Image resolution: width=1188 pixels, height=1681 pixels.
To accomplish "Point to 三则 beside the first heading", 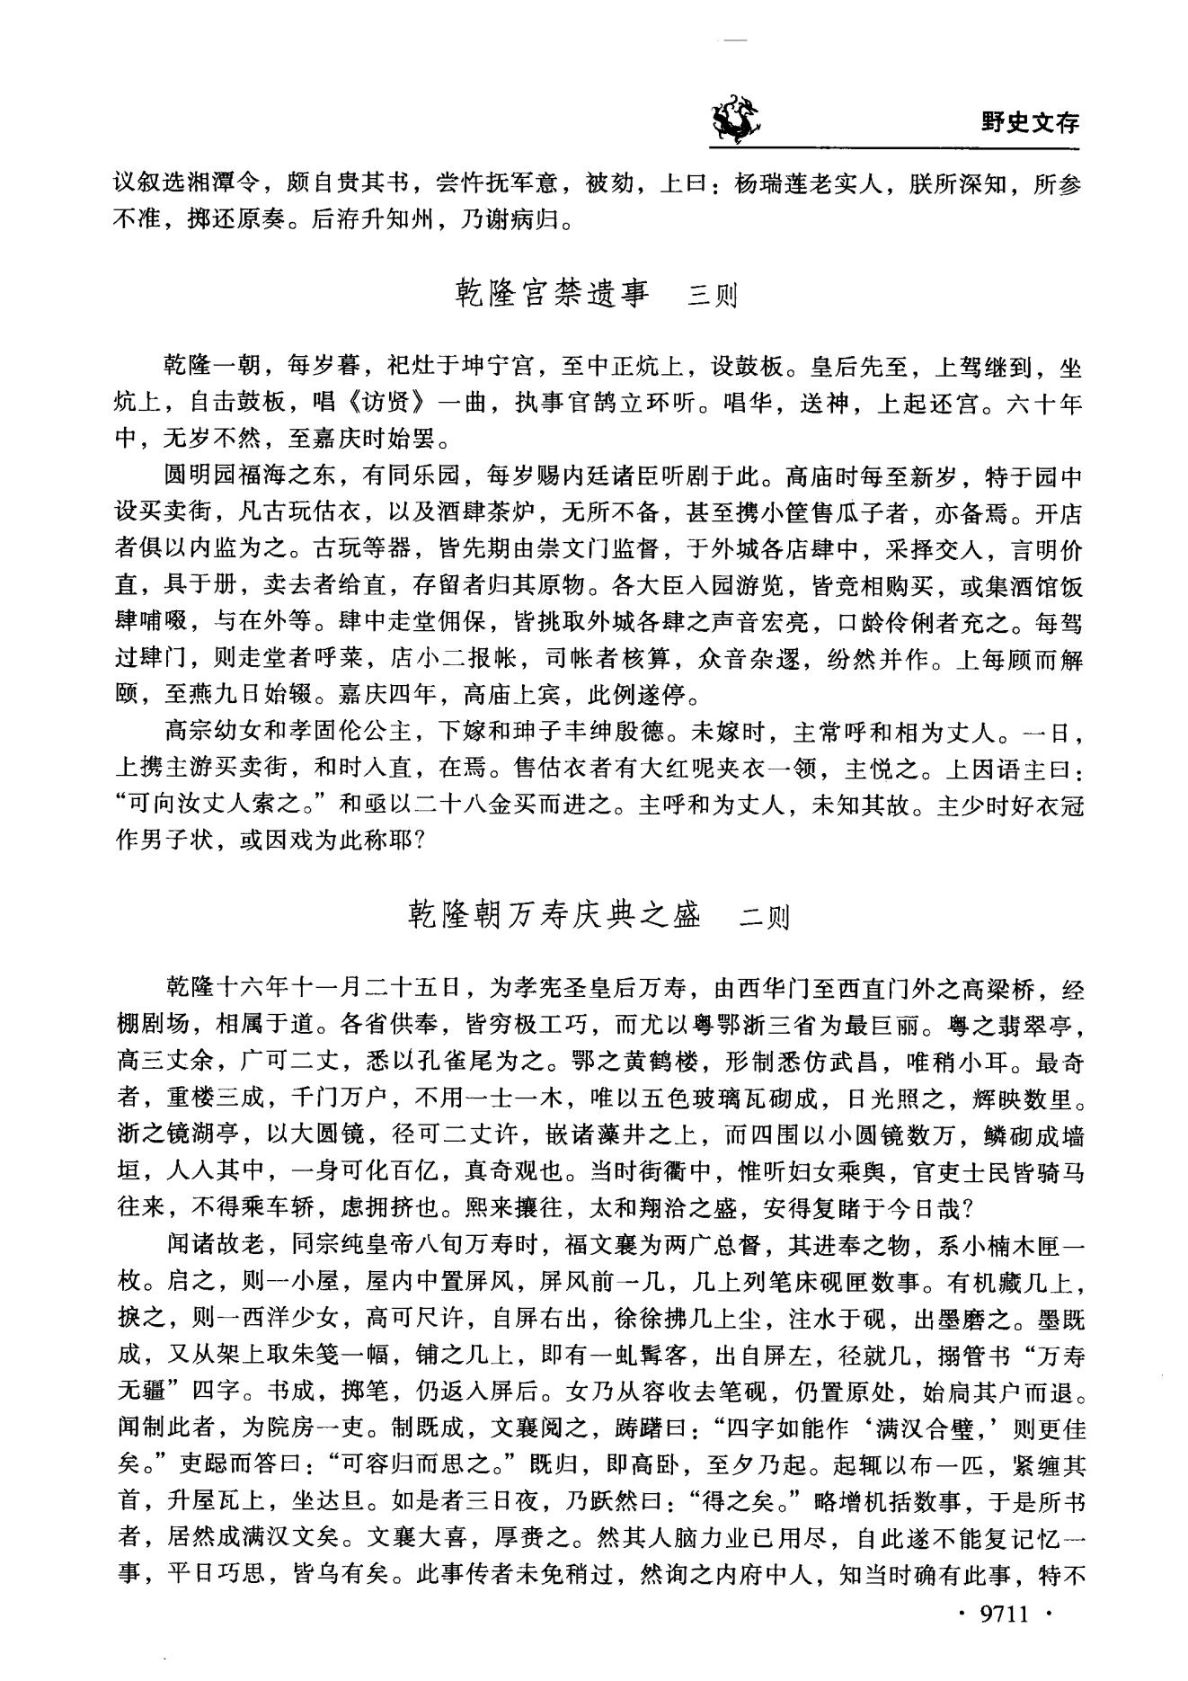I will coord(712,297).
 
